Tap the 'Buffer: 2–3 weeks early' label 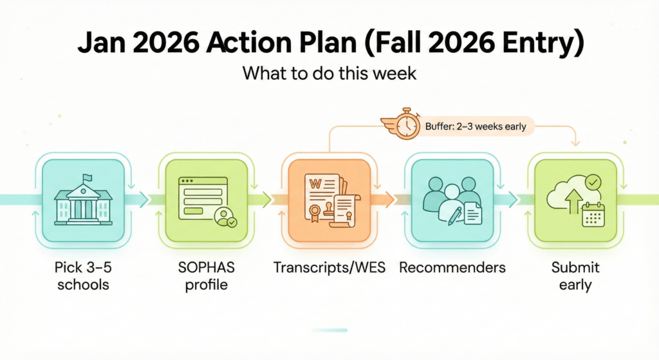(476, 126)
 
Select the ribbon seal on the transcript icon (317, 213)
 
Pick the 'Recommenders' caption (452, 267)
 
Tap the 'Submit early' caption (575, 276)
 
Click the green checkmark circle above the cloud (593, 183)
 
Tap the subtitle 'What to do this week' (329, 74)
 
